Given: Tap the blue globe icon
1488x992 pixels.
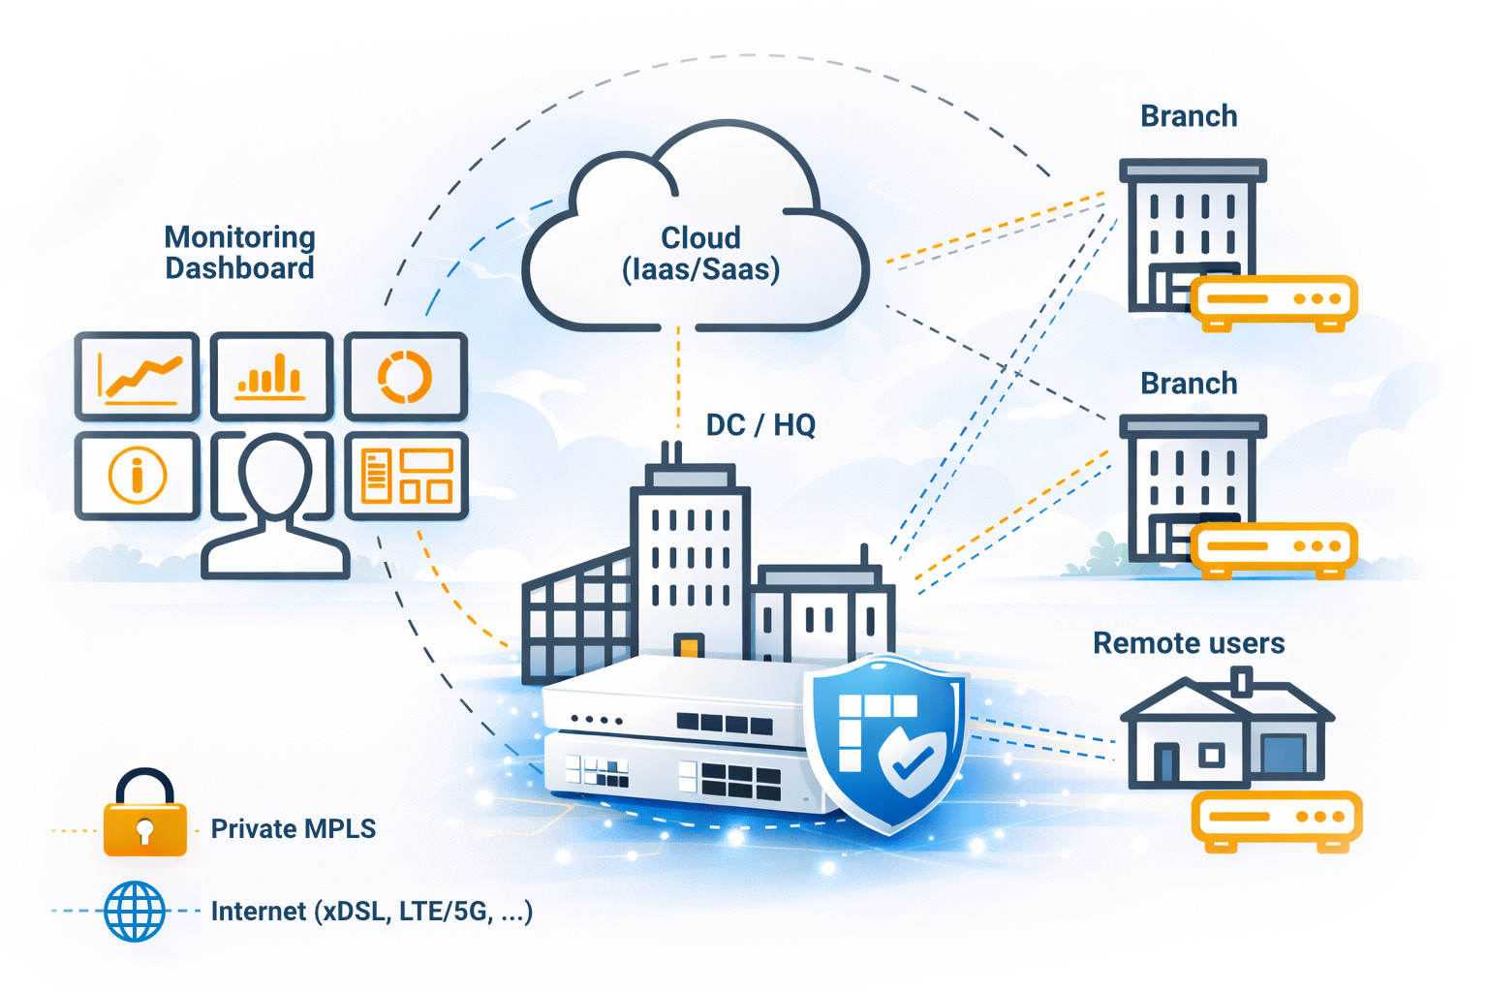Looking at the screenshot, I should pyautogui.click(x=135, y=911).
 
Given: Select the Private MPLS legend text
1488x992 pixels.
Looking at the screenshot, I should pyautogui.click(x=293, y=829).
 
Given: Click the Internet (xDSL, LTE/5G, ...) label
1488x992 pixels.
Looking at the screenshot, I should pyautogui.click(x=371, y=912).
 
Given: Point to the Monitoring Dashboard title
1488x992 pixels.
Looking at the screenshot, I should pyautogui.click(x=239, y=253).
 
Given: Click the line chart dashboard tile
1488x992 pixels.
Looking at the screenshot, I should pyautogui.click(x=138, y=377).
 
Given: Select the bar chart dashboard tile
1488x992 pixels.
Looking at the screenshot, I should pyautogui.click(x=271, y=377).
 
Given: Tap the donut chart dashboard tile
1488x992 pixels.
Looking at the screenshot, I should pyautogui.click(x=405, y=377).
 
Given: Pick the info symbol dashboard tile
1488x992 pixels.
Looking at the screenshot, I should pyautogui.click(x=138, y=476).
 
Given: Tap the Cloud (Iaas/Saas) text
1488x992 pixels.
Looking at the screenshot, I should pyautogui.click(x=700, y=253).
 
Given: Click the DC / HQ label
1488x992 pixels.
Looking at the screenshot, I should pyautogui.click(x=760, y=424).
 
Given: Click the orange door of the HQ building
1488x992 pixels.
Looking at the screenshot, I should pyautogui.click(x=689, y=646).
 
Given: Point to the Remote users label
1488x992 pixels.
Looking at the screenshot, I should pyautogui.click(x=1189, y=643).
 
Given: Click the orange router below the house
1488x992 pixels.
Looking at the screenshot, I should pyautogui.click(x=1276, y=820).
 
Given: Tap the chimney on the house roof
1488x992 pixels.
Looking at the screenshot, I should pyautogui.click(x=1243, y=680).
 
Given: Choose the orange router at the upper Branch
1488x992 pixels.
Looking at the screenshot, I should pyautogui.click(x=1272, y=300).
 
